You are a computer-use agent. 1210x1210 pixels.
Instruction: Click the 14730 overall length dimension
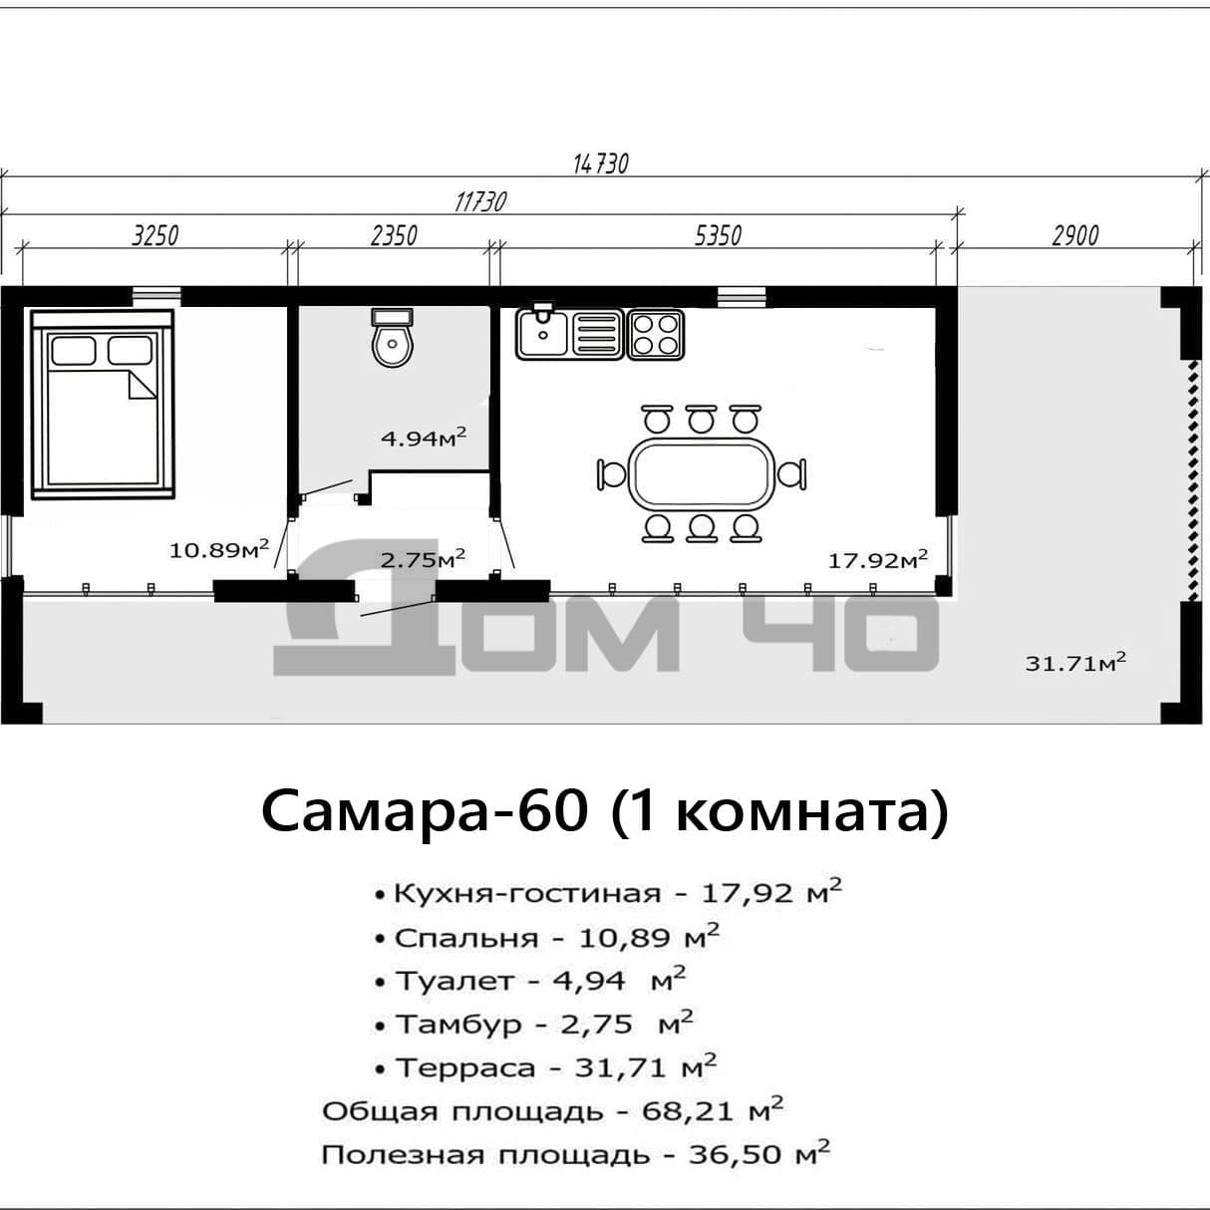[600, 163]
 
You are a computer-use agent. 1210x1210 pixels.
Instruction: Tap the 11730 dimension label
[480, 202]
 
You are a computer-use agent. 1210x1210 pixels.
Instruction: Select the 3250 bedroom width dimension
[155, 236]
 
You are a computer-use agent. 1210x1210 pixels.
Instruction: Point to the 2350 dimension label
[394, 236]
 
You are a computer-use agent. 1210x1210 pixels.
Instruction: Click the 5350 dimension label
[718, 236]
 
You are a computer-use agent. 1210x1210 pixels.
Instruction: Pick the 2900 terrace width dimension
[1075, 236]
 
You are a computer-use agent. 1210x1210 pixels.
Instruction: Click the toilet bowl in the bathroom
[393, 338]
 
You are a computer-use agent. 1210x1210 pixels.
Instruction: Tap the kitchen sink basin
[542, 334]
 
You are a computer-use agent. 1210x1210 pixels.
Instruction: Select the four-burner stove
[656, 335]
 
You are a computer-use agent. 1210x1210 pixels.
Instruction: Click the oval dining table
[702, 474]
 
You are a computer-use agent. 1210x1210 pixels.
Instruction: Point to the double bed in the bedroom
[103, 405]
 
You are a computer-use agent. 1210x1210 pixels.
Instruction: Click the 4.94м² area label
[424, 437]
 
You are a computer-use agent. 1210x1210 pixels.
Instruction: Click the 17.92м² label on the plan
[878, 559]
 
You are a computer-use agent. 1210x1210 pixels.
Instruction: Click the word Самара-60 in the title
[425, 811]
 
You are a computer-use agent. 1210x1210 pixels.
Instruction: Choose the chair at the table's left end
[612, 474]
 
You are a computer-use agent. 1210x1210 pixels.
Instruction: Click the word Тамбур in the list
[459, 1025]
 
